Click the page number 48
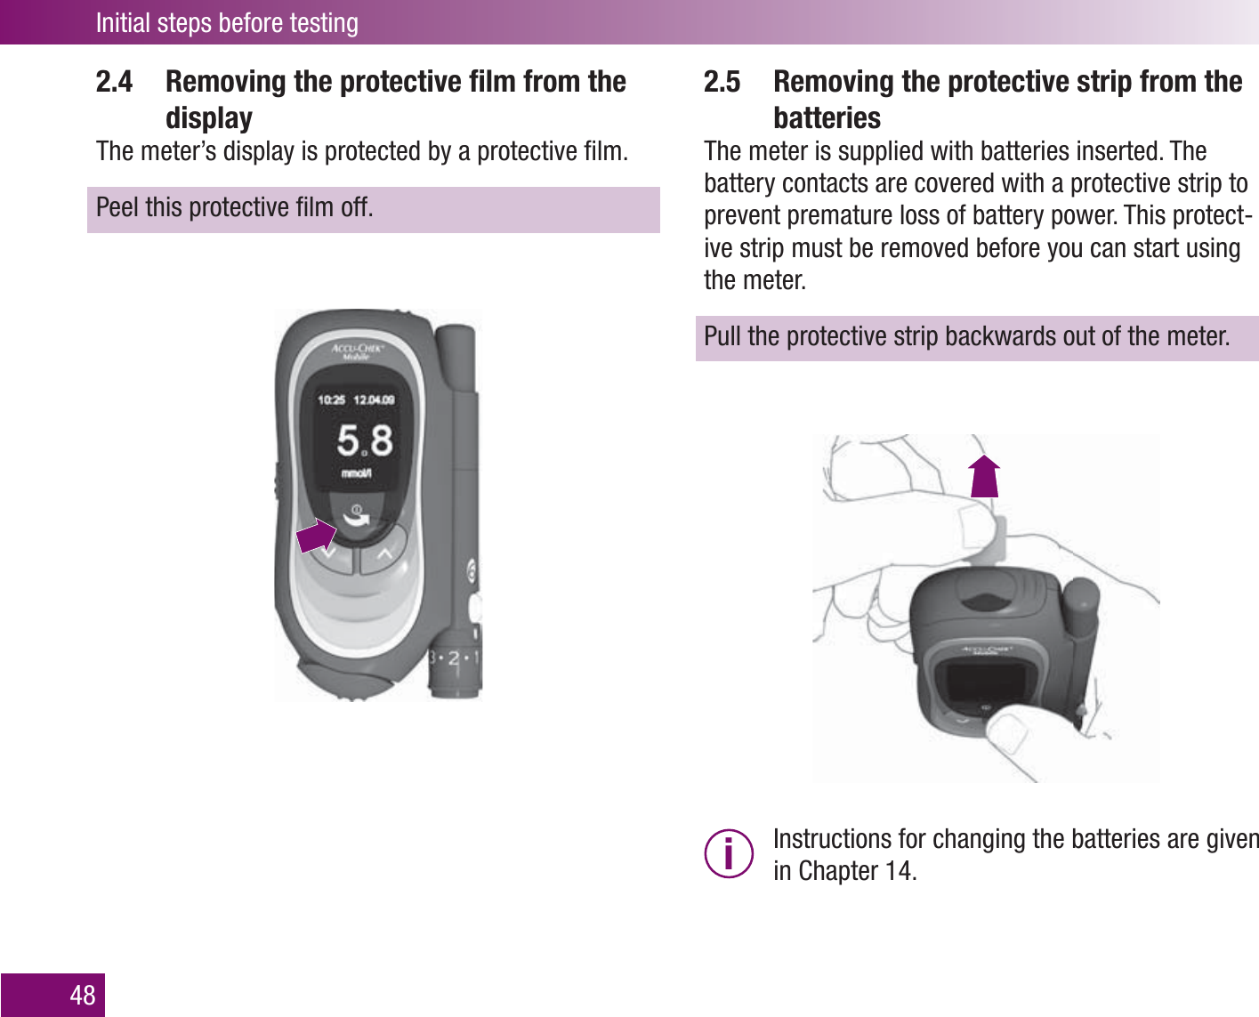[x=82, y=995]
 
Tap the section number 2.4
[x=114, y=82]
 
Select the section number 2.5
[x=722, y=82]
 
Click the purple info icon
[x=729, y=854]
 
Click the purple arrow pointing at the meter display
[x=316, y=537]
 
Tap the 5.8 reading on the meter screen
[x=364, y=440]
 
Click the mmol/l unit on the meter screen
[x=357, y=473]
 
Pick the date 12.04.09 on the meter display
[x=374, y=400]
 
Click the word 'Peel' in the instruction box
[x=117, y=207]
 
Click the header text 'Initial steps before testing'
[x=227, y=22]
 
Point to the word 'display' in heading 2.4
[x=209, y=118]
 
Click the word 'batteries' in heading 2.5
[x=827, y=118]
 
